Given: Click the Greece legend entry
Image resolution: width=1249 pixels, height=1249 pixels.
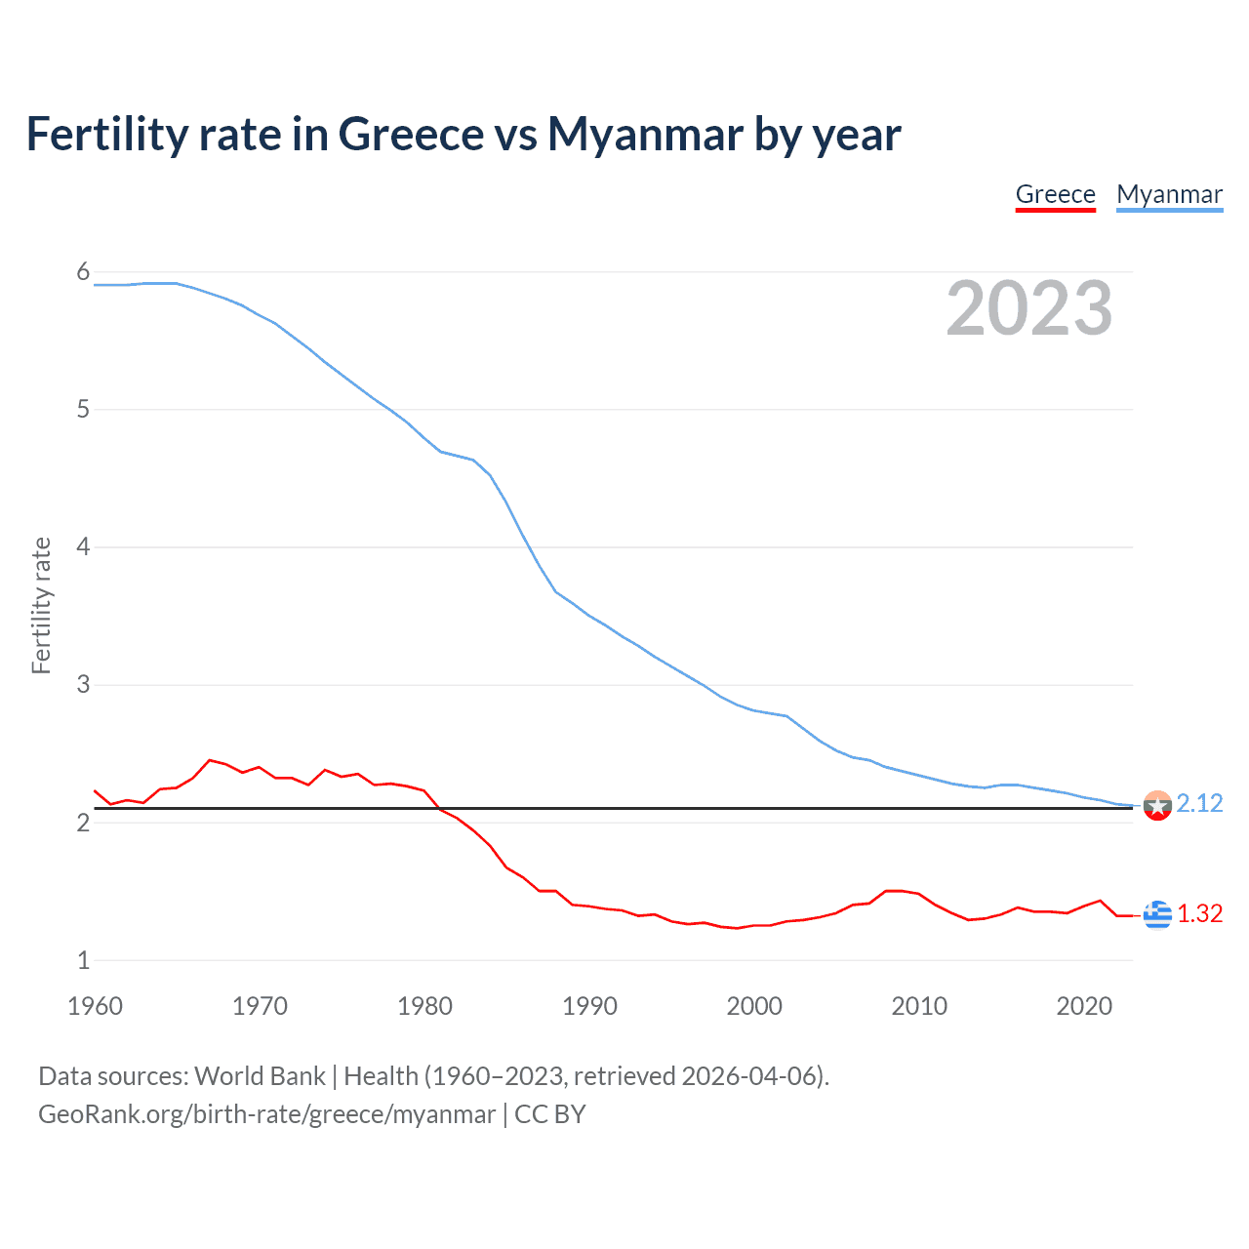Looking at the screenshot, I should coord(1055,194).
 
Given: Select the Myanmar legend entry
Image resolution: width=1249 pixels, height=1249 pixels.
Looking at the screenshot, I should coord(1169,194).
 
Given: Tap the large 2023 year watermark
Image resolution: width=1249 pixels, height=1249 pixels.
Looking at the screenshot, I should coord(1028,308).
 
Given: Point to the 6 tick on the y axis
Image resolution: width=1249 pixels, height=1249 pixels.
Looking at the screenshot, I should coord(83,272).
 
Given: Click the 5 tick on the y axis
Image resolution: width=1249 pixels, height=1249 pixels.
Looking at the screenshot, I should coord(83,410).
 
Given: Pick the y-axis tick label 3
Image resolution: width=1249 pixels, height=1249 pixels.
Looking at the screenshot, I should coord(83,685).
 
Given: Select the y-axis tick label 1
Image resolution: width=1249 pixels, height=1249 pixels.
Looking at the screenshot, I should coord(83,960).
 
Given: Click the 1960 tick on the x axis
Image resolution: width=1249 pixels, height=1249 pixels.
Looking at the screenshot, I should coord(95,1006).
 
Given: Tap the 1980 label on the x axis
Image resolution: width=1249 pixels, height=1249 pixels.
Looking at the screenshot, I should coord(424,1006).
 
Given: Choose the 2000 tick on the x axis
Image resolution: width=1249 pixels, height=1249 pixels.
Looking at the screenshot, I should coord(754,1006).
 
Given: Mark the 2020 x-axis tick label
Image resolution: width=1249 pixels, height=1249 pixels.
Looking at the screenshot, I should coord(1084,1006).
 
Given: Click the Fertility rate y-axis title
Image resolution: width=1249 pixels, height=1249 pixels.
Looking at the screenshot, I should coord(41,605).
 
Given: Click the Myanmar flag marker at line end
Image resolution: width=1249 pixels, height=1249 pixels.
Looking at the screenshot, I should coord(1157,805).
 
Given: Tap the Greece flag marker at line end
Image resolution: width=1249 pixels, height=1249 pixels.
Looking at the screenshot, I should coord(1157,914).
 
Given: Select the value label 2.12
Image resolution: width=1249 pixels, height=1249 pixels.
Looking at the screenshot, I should coord(1199,803).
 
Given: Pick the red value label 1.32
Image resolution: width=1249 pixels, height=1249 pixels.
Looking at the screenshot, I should coord(1199,913).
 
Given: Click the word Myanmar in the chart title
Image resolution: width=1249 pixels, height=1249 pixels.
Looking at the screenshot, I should coord(645,134).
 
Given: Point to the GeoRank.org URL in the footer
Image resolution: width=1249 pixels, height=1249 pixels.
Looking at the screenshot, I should coord(266,1114).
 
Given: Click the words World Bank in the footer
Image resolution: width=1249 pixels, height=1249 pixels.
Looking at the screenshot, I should coord(260,1076).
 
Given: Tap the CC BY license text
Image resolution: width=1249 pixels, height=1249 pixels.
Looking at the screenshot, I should coord(549,1114).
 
